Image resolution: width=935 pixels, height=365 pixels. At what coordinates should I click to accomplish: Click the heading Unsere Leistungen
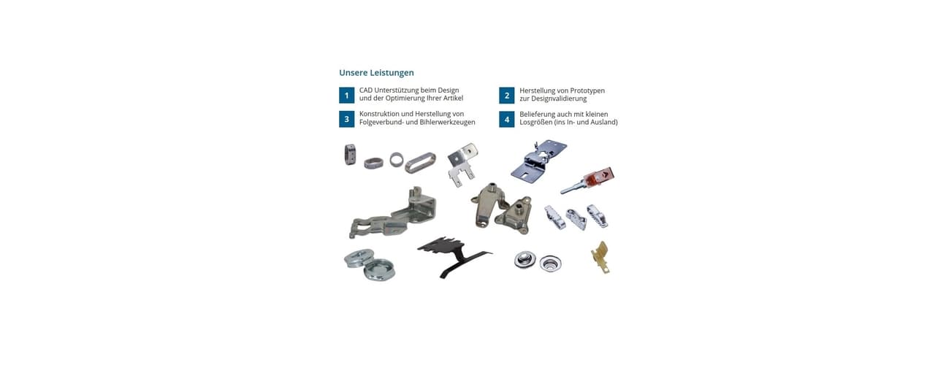(x=376, y=72)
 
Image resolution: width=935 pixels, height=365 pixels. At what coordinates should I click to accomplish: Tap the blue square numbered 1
(x=346, y=96)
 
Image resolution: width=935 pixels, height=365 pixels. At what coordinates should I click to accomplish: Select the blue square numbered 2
(x=507, y=96)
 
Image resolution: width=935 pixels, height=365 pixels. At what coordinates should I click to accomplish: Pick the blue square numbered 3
(x=346, y=119)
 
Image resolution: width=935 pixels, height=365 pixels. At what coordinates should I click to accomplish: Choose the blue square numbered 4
(x=507, y=120)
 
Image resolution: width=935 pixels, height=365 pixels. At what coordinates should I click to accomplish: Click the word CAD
(x=366, y=90)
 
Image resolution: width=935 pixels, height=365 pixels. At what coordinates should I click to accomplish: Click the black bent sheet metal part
(x=454, y=255)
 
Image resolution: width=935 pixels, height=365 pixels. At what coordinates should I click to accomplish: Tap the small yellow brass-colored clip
(x=600, y=257)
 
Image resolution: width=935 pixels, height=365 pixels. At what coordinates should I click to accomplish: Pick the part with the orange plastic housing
(x=588, y=180)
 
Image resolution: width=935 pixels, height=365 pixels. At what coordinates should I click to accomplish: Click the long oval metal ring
(x=420, y=163)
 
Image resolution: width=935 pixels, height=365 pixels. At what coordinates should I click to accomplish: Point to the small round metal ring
(x=397, y=159)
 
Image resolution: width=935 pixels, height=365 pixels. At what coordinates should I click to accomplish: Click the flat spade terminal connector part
(x=462, y=165)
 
